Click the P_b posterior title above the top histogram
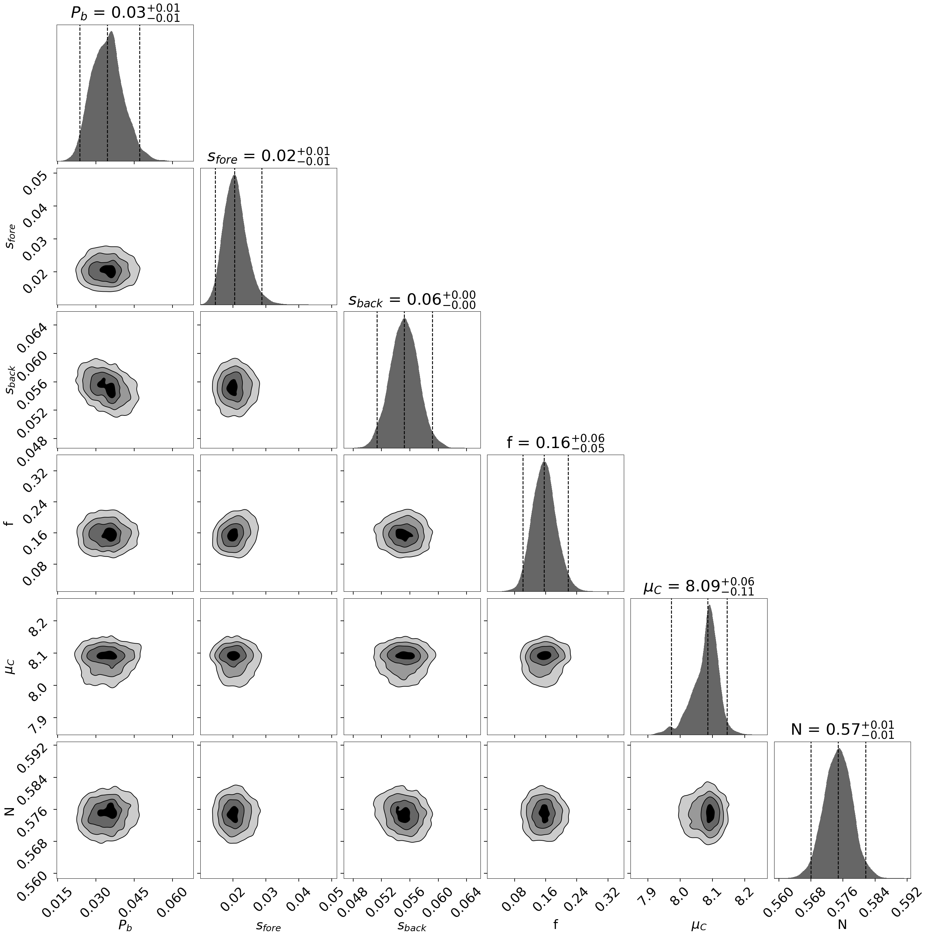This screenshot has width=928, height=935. tap(125, 13)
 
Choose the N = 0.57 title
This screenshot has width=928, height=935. tap(842, 729)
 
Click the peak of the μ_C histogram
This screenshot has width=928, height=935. tap(710, 606)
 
